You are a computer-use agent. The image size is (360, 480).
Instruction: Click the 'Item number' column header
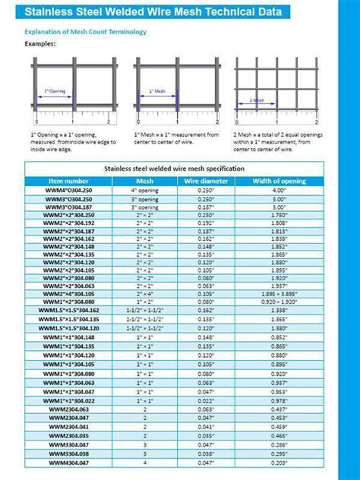[68, 181]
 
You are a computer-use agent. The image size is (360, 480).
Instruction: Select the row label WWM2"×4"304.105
[69, 293]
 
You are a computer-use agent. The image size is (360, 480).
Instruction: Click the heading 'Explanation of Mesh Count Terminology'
[86, 32]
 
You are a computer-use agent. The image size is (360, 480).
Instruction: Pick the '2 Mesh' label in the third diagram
[258, 99]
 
